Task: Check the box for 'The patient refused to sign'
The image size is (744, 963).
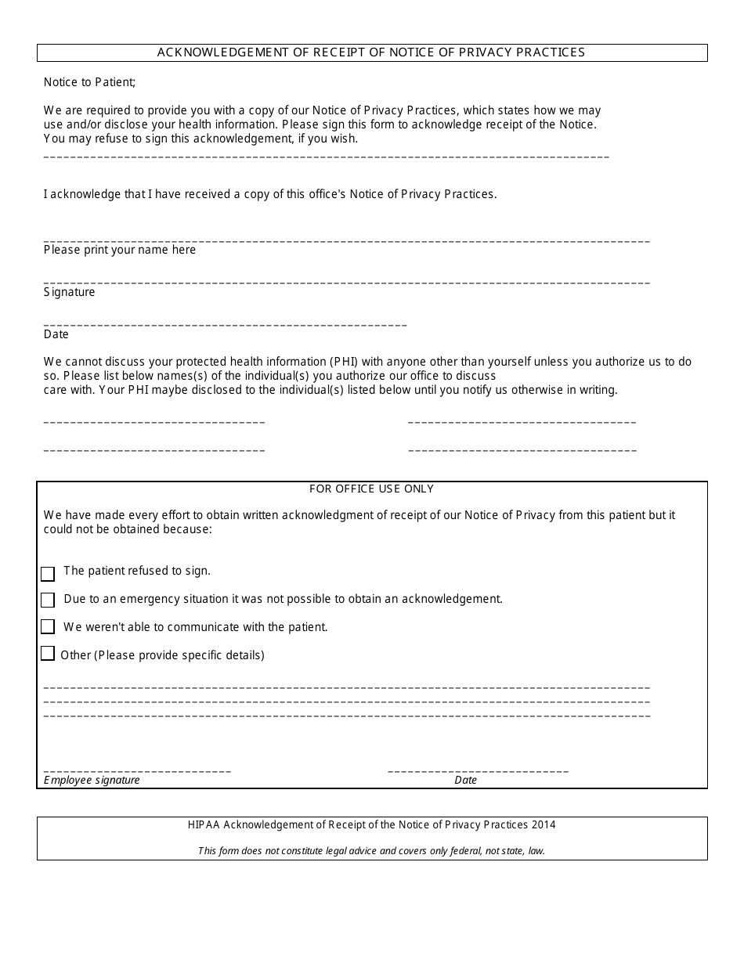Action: tap(48, 574)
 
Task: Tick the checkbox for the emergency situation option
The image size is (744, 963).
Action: tap(48, 600)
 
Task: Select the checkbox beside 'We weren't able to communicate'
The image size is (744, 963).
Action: tap(48, 626)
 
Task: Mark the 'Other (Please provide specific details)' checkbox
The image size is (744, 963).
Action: tap(48, 654)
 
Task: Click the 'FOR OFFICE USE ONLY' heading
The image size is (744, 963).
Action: tap(371, 489)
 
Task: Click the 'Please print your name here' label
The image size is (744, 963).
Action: tap(120, 250)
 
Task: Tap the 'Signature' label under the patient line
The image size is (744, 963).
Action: tap(69, 292)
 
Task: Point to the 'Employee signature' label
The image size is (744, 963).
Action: tap(92, 780)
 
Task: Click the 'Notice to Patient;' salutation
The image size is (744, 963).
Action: tap(89, 82)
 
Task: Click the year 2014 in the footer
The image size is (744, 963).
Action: tap(544, 824)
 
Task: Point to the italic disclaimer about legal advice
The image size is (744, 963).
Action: tap(371, 851)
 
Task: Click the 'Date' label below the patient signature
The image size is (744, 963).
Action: tap(56, 334)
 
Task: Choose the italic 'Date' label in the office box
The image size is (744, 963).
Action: tap(465, 780)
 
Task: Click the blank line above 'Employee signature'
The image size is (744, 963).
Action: tap(137, 771)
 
